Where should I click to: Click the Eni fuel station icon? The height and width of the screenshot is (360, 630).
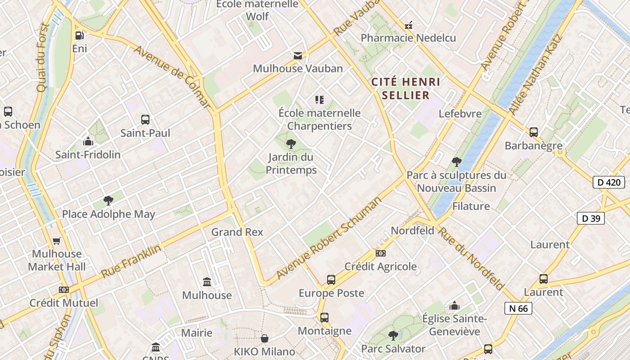79,35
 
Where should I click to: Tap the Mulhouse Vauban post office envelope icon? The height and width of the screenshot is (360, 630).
297,56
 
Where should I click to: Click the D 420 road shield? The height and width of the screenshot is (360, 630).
609,182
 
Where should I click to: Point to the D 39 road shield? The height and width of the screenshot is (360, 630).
590,218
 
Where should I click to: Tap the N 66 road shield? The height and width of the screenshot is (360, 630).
518,308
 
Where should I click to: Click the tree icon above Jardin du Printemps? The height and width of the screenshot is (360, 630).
291,144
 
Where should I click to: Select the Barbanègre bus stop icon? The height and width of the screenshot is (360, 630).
534,132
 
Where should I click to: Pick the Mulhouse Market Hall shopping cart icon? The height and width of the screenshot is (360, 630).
57,241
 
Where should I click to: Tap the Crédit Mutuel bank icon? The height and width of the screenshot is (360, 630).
64,290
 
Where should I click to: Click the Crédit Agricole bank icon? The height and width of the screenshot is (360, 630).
381,253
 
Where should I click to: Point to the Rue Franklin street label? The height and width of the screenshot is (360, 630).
130,261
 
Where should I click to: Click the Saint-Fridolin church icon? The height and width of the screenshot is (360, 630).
88,142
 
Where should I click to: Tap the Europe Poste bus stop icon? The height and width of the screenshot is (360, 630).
331,280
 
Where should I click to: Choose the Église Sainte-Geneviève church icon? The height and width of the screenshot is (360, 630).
454,306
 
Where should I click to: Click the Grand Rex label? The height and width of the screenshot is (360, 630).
237,232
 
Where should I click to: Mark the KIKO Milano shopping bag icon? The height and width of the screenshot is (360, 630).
265,338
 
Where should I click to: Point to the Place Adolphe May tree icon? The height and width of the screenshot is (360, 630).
108,201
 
